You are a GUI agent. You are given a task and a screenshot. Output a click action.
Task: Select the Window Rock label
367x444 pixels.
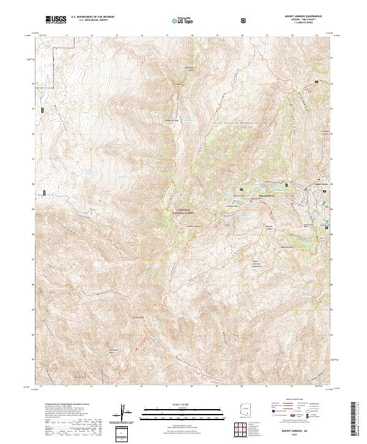coord(137,318)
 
